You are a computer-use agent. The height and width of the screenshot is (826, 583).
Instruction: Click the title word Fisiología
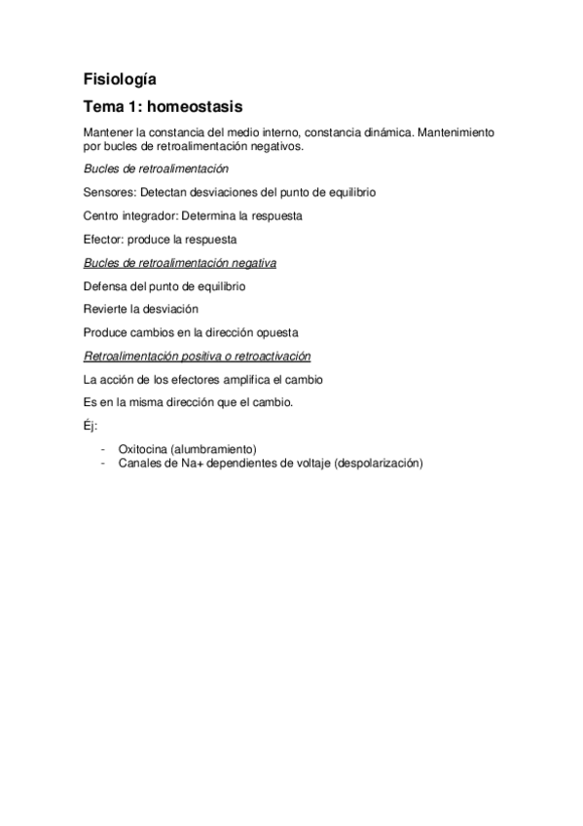pos(119,79)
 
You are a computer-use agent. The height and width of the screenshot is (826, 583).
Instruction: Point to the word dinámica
pos(386,131)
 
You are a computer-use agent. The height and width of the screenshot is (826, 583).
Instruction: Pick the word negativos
pos(276,146)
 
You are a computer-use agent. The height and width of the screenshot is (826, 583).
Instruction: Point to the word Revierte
pos(107,309)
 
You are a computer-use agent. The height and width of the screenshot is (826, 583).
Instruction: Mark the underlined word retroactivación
pos(268,356)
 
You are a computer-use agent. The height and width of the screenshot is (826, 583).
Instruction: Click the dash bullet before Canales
pos(102,464)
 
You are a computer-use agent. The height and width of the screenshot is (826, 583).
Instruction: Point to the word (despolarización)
pos(378,464)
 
